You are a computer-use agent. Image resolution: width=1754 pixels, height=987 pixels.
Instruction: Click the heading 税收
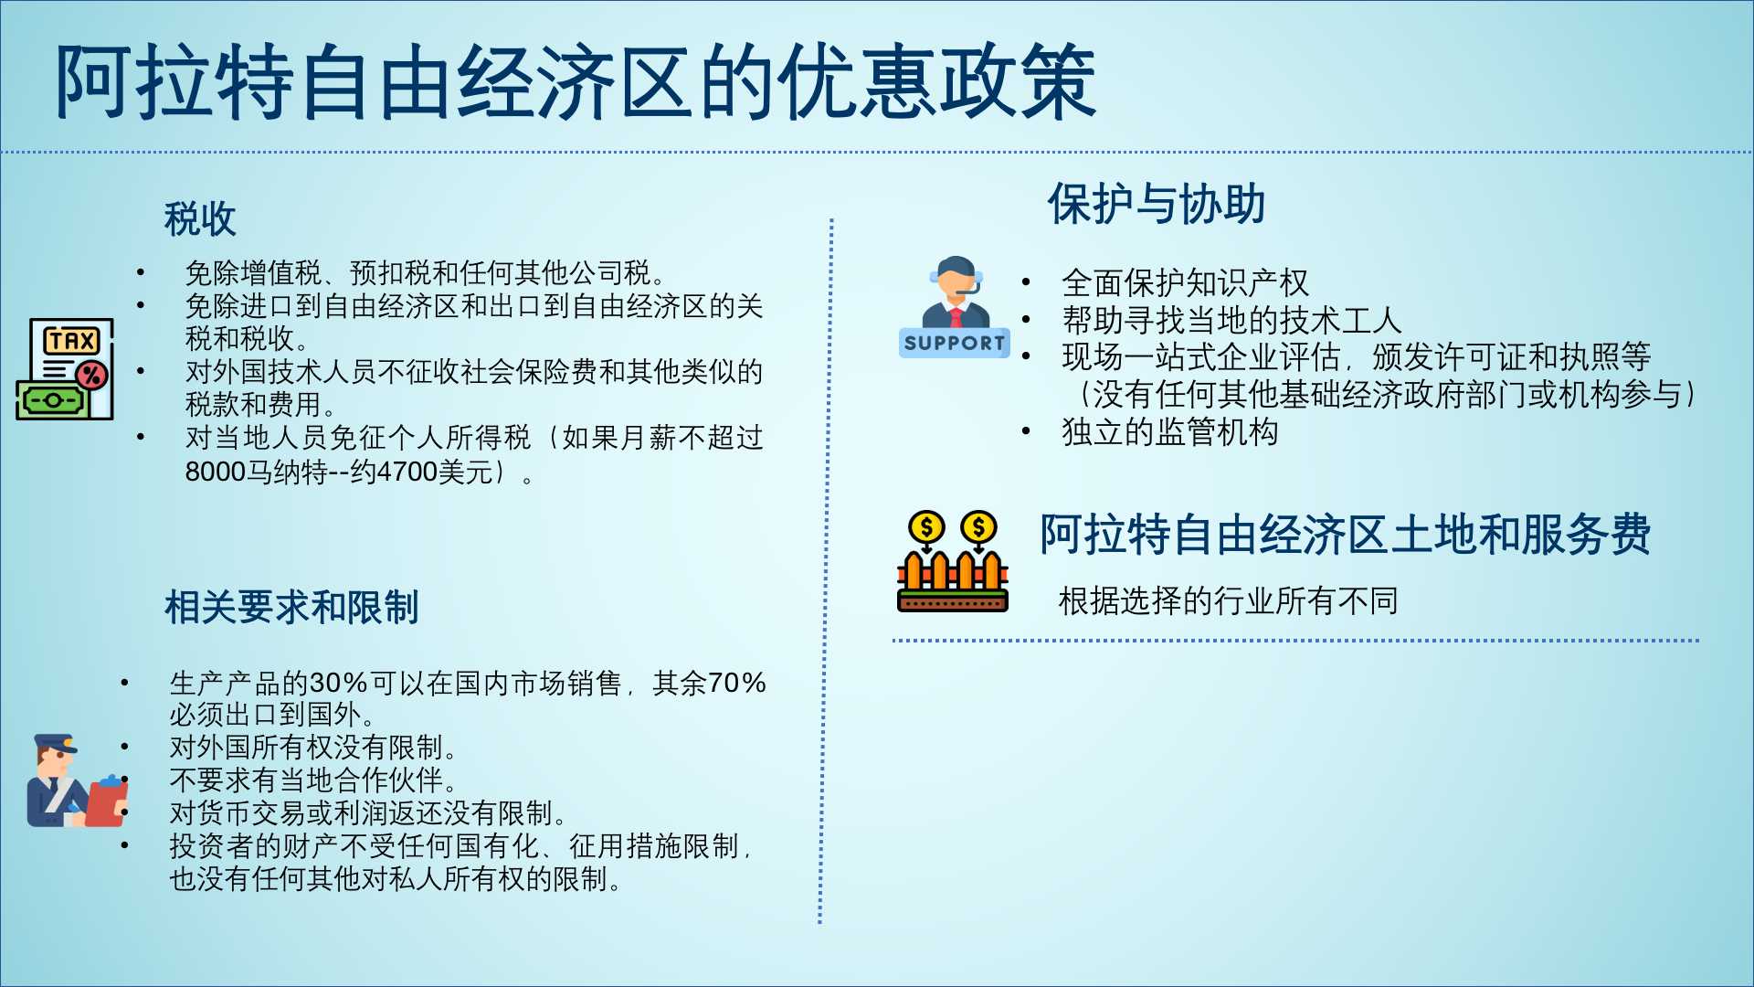(x=200, y=219)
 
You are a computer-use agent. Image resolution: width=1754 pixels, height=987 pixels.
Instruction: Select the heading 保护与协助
(x=1157, y=204)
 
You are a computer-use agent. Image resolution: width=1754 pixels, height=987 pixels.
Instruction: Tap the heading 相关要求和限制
(x=291, y=608)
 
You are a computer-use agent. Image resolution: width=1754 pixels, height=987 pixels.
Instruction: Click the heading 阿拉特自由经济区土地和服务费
(x=1346, y=535)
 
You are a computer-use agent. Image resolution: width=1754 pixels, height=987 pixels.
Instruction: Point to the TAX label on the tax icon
(x=72, y=342)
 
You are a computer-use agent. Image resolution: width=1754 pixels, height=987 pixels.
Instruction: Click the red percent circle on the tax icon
(x=91, y=375)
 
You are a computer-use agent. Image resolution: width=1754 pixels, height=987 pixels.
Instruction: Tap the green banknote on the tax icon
(x=52, y=400)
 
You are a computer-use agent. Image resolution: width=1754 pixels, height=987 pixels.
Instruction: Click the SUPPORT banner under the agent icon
(x=955, y=343)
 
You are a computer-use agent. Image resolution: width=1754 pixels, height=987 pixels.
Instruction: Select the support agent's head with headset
(x=956, y=277)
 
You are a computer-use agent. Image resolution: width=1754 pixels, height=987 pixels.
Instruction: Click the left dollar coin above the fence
(x=926, y=527)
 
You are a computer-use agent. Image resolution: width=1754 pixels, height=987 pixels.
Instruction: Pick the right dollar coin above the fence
(x=978, y=527)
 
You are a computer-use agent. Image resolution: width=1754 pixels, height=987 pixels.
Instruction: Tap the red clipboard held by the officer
(x=107, y=801)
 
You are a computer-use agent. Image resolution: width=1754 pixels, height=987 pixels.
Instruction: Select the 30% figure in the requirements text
(x=338, y=683)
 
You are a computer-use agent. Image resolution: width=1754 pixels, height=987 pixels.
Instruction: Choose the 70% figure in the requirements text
(x=736, y=683)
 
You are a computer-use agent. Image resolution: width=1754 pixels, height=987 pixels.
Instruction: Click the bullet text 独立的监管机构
(x=1169, y=432)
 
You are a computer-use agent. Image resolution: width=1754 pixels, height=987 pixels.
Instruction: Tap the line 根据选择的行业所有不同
(x=1229, y=601)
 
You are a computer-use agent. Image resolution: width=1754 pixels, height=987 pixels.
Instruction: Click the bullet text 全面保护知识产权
(x=1185, y=283)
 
